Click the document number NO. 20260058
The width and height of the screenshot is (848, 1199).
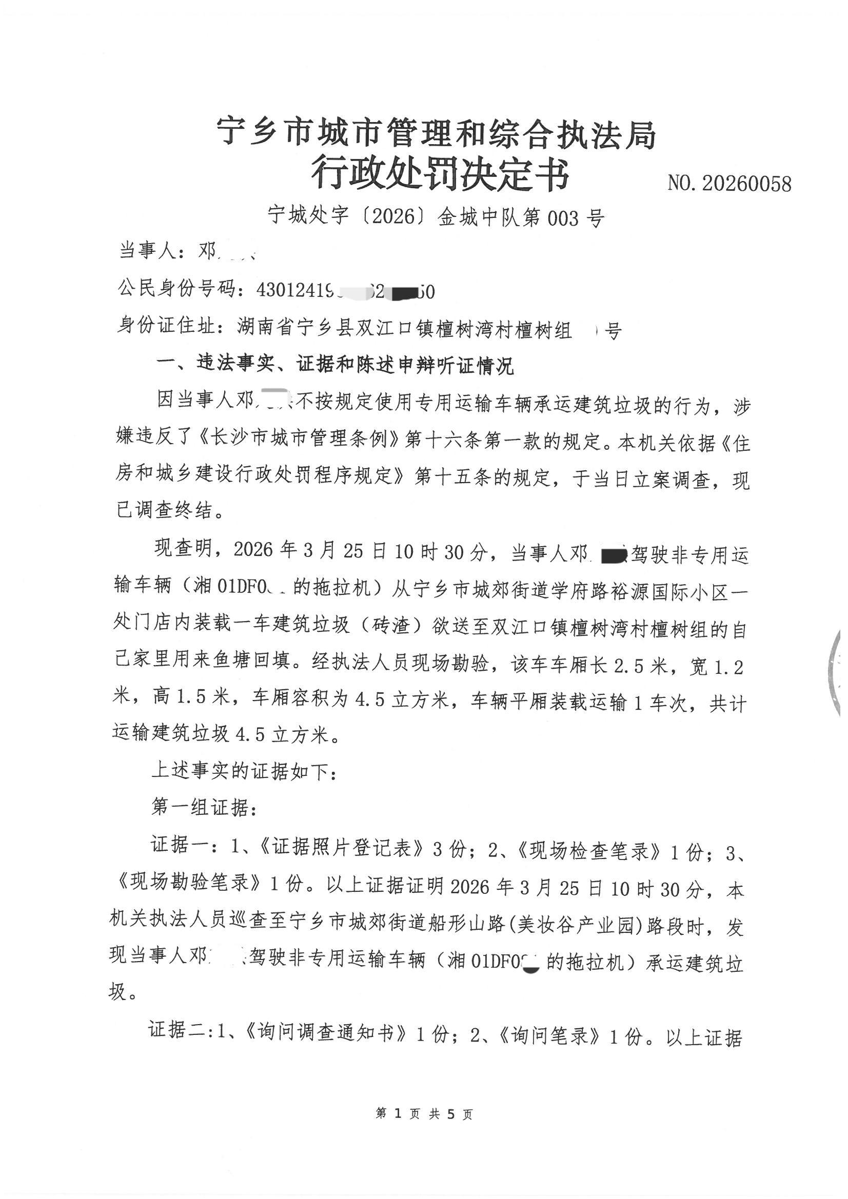tap(729, 183)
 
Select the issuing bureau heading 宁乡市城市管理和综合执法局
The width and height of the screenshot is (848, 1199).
tap(437, 134)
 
